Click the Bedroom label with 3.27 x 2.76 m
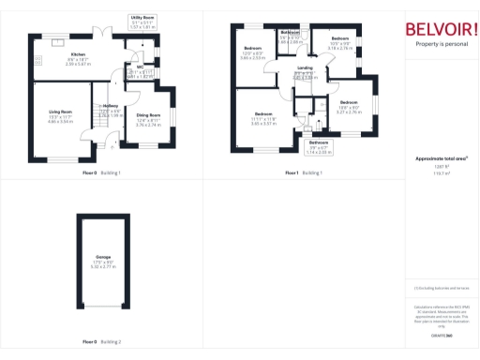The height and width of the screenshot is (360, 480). click(349, 106)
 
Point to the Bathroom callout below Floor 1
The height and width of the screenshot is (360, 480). click(320, 146)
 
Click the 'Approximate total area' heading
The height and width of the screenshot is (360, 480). click(442, 159)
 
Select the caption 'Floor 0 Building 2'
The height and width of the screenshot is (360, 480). click(102, 341)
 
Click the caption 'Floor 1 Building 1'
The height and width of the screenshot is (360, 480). click(305, 173)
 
